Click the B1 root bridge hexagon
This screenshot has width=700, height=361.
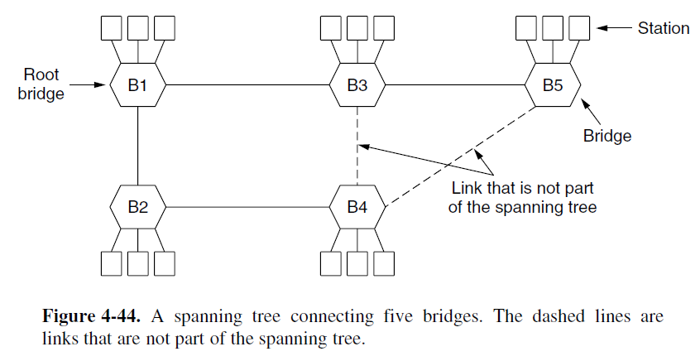(137, 84)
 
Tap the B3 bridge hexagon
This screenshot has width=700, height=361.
(357, 84)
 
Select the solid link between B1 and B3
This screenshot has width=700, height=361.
(248, 84)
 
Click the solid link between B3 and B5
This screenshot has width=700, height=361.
(455, 84)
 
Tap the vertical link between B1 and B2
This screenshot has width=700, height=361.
(137, 145)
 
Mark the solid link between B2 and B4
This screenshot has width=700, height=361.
(248, 205)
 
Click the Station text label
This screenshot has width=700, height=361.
(663, 28)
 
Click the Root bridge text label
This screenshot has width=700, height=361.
(41, 84)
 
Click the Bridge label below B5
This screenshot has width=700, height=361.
(607, 136)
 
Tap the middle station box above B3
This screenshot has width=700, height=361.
(357, 27)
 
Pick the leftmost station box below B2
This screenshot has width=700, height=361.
(112, 263)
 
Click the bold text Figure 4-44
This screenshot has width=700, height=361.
(90, 317)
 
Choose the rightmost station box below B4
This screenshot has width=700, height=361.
(384, 263)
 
